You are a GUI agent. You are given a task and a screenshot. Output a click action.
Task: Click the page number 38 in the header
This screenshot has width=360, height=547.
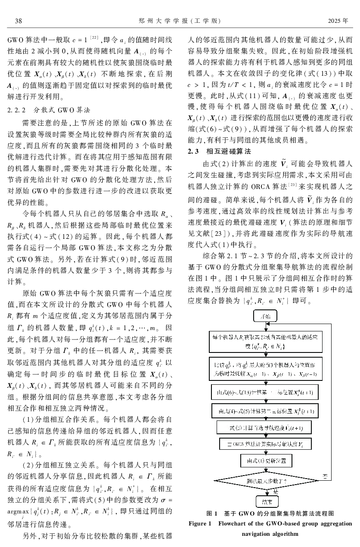click(x=19, y=21)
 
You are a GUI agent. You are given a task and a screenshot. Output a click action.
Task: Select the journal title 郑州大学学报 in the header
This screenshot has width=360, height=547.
click(x=167, y=21)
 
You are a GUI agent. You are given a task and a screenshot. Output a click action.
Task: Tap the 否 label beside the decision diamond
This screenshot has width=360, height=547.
click(x=326, y=474)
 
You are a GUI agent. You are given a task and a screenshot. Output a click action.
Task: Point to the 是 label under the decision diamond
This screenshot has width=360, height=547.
click(x=275, y=491)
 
